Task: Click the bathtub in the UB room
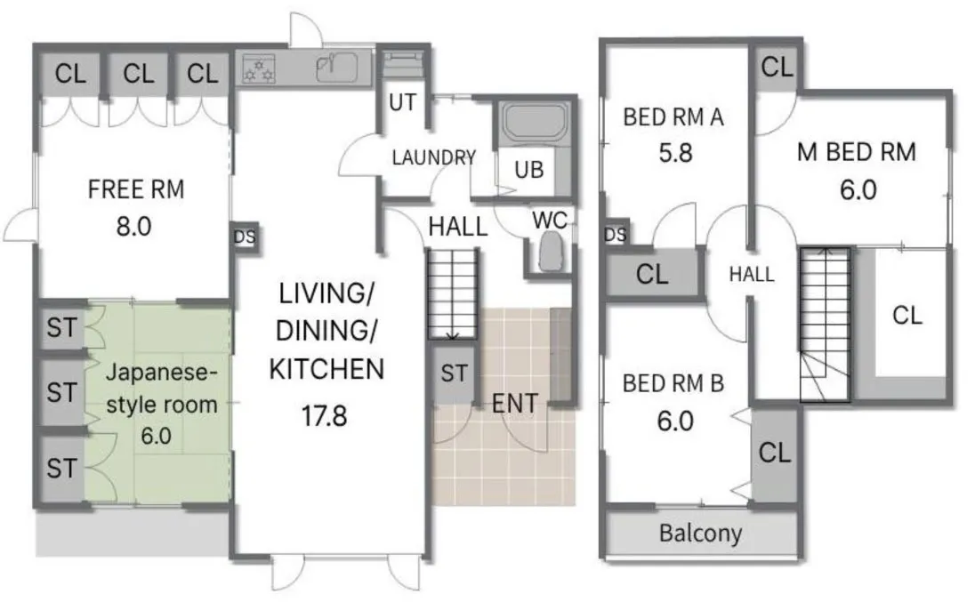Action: click(x=535, y=123)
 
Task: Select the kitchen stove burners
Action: click(x=258, y=68)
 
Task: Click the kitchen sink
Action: click(x=336, y=67)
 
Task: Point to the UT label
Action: click(x=402, y=102)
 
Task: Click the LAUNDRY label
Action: click(x=433, y=157)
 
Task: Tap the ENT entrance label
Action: click(x=514, y=404)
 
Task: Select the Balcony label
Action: click(x=700, y=533)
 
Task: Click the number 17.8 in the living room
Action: click(x=324, y=415)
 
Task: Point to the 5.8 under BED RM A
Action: click(x=675, y=153)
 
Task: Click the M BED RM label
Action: click(x=856, y=152)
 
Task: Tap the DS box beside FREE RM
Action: click(x=245, y=237)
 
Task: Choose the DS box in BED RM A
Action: click(x=616, y=234)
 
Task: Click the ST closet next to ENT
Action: click(x=454, y=374)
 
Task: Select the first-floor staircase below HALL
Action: click(x=452, y=293)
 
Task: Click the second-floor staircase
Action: click(x=825, y=325)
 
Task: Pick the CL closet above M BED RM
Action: click(x=777, y=67)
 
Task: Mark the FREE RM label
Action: click(x=135, y=189)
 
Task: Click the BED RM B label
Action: click(x=673, y=383)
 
